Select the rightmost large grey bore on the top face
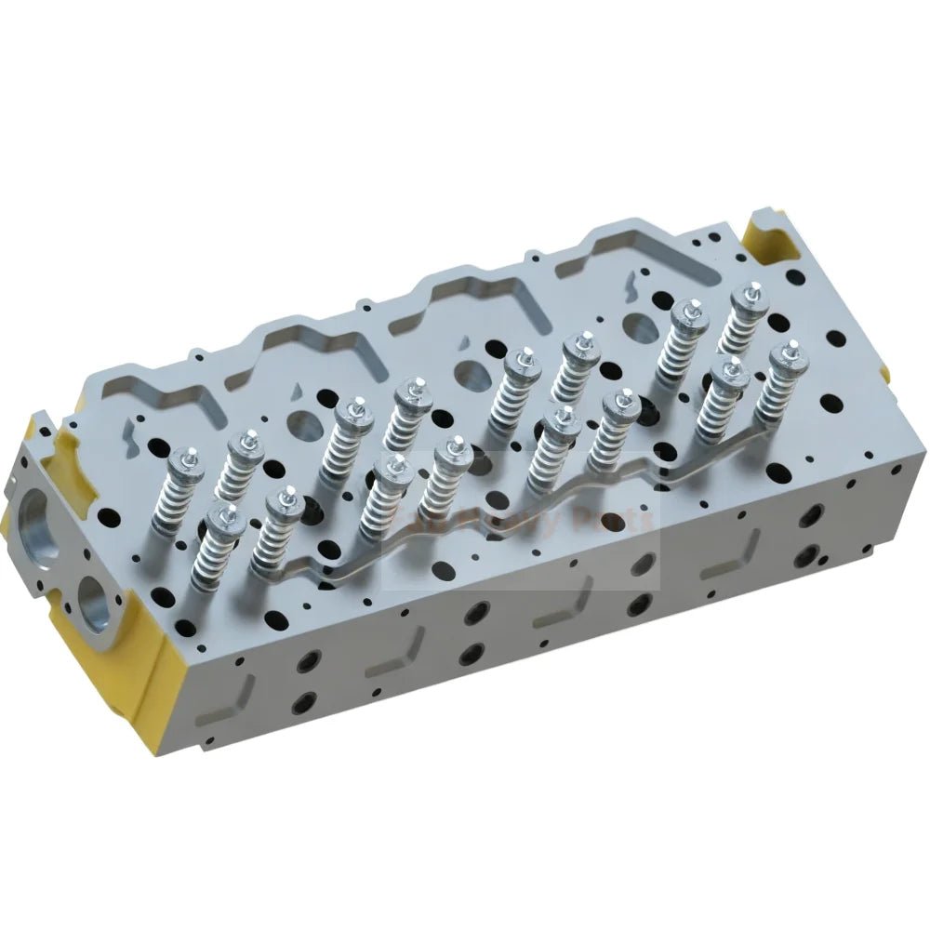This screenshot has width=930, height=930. [x=639, y=327]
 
